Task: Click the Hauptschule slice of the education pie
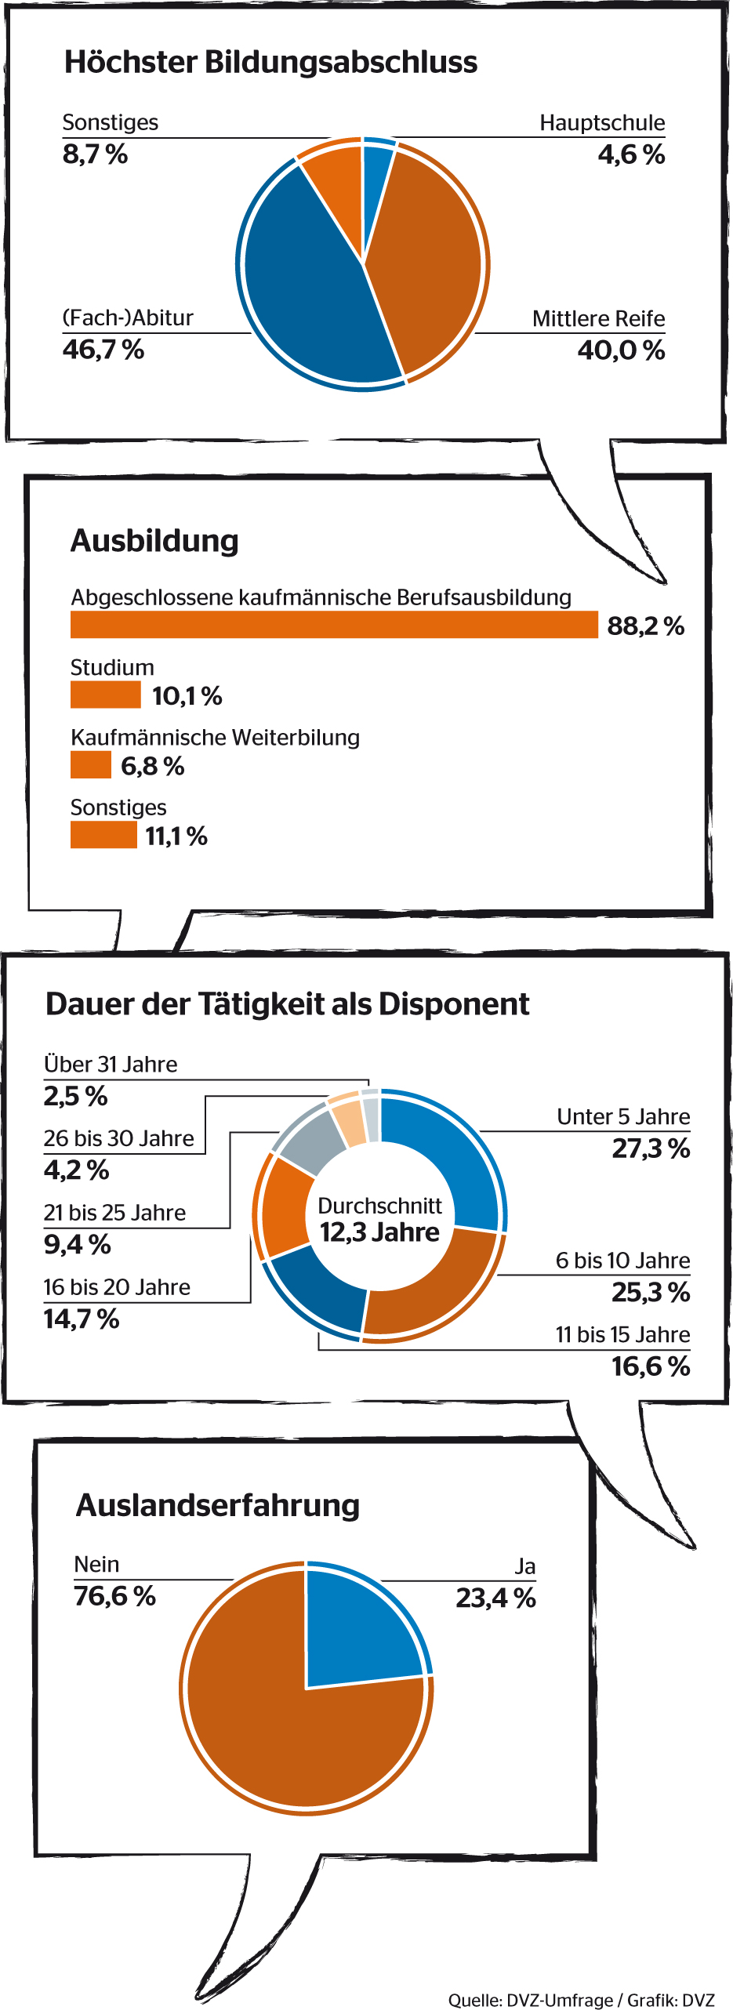pyautogui.click(x=376, y=169)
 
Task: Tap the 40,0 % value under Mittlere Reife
pyautogui.click(x=621, y=350)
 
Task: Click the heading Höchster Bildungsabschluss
pyautogui.click(x=270, y=62)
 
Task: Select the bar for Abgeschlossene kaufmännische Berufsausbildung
pyautogui.click(x=334, y=625)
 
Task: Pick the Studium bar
pyautogui.click(x=105, y=695)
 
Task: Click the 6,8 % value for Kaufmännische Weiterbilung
pyautogui.click(x=153, y=766)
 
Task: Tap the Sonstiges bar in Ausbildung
pyautogui.click(x=103, y=835)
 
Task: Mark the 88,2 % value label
pyautogui.click(x=645, y=626)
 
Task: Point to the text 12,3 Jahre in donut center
pyautogui.click(x=379, y=1232)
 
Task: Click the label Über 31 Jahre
pyautogui.click(x=111, y=1065)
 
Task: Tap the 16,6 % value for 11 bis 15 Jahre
pyautogui.click(x=650, y=1366)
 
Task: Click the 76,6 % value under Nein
pyautogui.click(x=114, y=1596)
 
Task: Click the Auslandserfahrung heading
pyautogui.click(x=218, y=1506)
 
